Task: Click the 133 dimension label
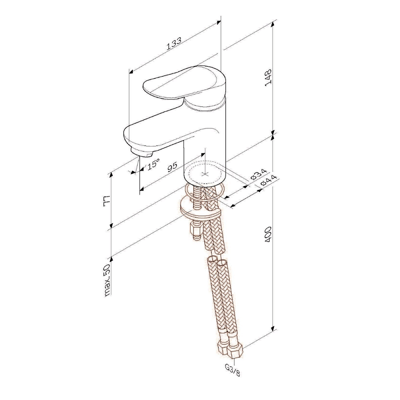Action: [174, 43]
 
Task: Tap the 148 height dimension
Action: [269, 77]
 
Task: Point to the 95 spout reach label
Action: [172, 166]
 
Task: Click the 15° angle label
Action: [153, 163]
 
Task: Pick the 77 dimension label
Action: [106, 199]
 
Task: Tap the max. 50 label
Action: [107, 280]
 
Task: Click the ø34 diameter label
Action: [258, 174]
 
